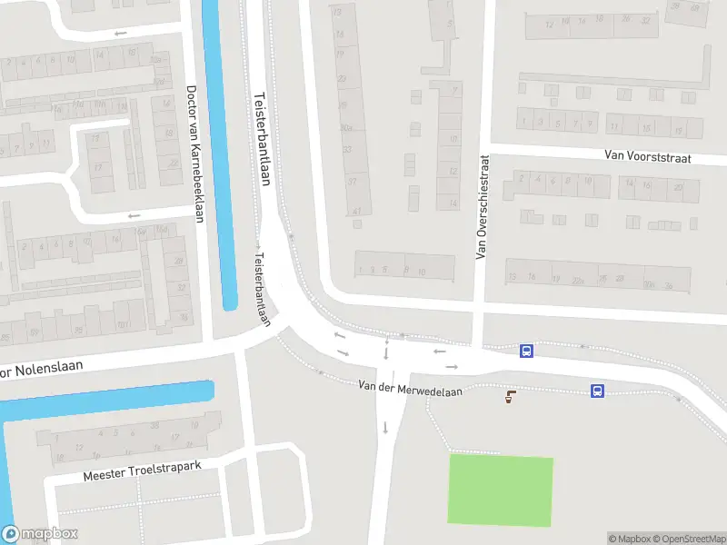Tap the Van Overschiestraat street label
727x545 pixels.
483,206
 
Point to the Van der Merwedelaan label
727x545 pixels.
410,390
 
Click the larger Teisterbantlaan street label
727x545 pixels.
263,139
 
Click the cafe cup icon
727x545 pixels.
510,395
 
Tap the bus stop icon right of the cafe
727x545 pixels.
597,391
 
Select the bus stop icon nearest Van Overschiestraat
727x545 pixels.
525,351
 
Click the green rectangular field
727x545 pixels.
500,490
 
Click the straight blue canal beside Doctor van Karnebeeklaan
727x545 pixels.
219,154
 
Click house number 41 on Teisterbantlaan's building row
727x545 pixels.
357,212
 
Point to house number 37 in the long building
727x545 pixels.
353,182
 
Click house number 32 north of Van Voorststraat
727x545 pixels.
645,19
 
